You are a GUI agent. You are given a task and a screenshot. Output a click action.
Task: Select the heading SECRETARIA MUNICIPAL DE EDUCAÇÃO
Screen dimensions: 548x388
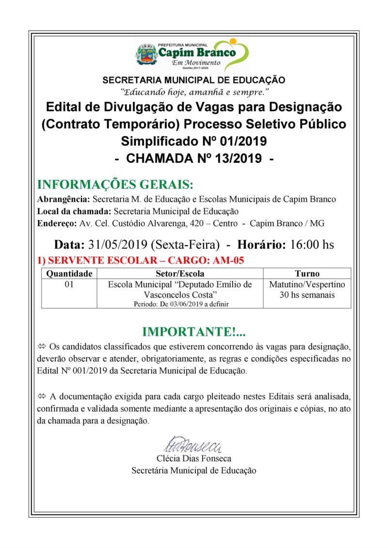pos(194,80)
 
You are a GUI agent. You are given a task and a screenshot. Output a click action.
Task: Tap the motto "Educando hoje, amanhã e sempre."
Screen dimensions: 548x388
pos(194,91)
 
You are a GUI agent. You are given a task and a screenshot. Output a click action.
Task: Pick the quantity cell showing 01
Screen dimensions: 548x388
pos(69,284)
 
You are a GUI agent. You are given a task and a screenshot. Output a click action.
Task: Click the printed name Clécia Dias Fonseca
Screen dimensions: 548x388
pos(194,458)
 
